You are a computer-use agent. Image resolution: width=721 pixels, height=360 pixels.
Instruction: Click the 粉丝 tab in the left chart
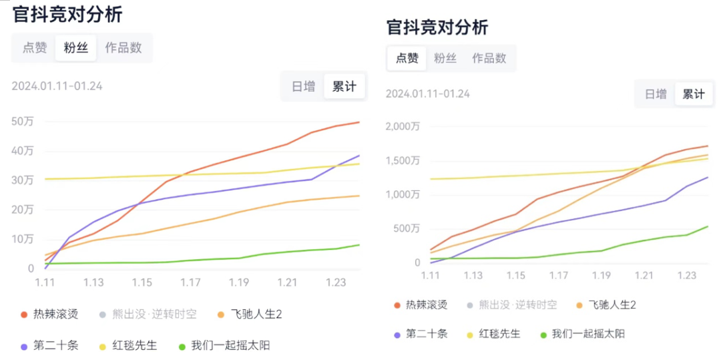click(75, 47)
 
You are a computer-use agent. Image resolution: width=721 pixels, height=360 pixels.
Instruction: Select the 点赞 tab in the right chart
click(407, 58)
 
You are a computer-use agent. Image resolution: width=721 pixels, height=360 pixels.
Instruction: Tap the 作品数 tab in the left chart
click(124, 47)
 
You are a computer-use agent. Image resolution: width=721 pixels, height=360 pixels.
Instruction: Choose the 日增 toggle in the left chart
click(303, 86)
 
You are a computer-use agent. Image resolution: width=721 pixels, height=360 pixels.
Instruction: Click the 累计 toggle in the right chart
click(693, 94)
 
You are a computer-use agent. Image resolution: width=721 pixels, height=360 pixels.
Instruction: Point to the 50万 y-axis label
click(22, 121)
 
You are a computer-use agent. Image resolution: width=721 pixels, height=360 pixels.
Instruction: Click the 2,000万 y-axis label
click(403, 126)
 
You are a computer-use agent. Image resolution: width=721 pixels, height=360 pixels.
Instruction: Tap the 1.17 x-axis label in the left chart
click(190, 283)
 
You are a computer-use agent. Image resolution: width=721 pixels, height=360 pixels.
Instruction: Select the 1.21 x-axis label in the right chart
click(644, 275)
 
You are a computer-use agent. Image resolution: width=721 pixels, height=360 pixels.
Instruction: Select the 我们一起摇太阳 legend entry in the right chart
click(587, 333)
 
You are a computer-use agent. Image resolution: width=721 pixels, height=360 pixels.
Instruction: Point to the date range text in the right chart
click(427, 94)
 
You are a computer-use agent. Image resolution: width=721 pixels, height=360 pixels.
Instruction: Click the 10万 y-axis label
click(22, 239)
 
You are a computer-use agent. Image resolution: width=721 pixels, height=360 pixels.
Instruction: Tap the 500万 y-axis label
click(407, 229)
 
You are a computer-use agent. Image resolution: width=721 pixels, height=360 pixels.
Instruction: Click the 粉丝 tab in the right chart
click(445, 58)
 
